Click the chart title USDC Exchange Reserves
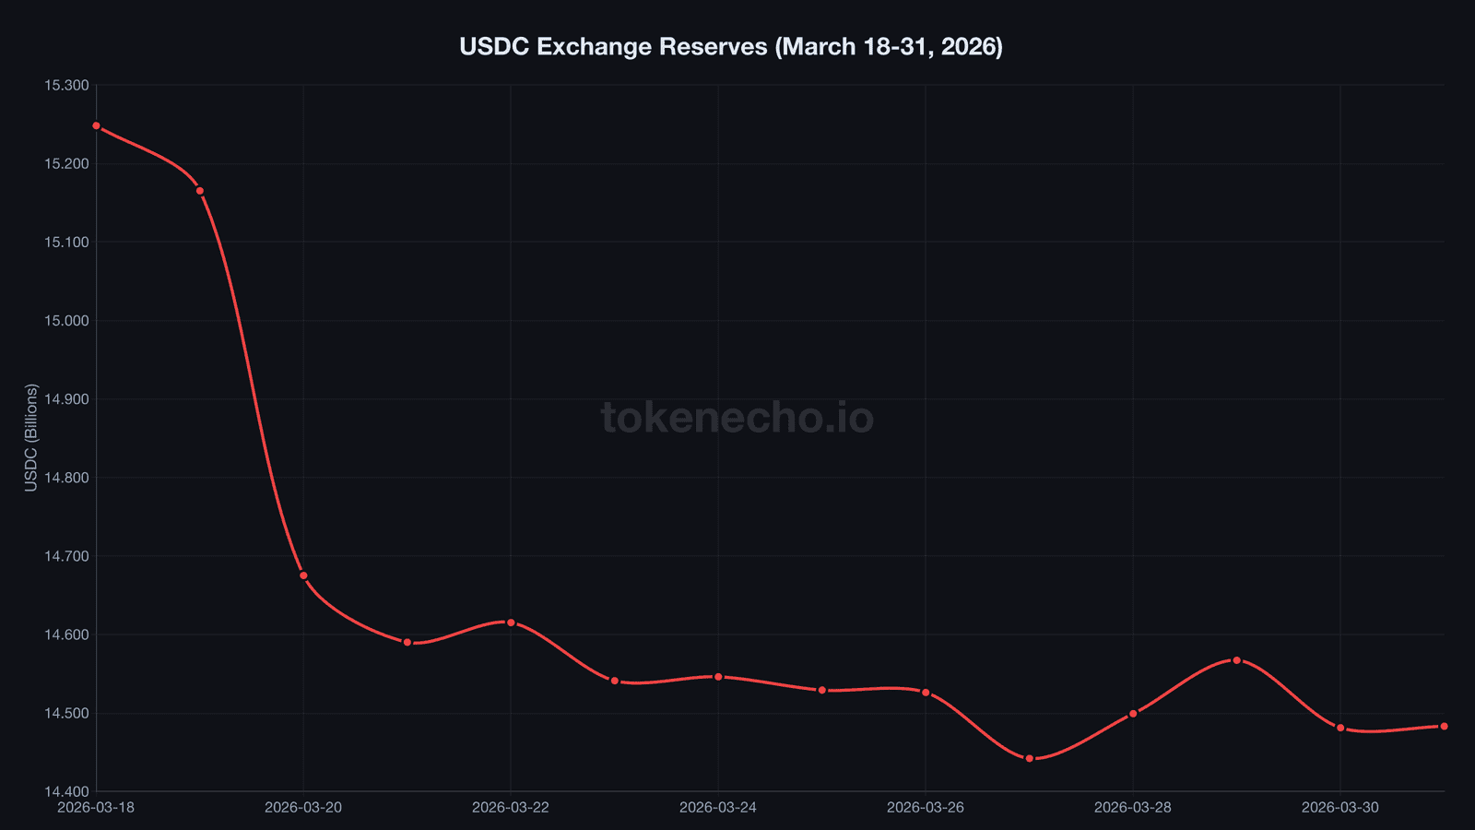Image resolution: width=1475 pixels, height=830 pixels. (730, 46)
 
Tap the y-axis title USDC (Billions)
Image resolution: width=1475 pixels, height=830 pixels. (31, 437)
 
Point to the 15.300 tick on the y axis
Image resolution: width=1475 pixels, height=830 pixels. (66, 86)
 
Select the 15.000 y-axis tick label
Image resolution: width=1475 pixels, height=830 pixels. (66, 321)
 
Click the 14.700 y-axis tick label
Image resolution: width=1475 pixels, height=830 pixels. (66, 556)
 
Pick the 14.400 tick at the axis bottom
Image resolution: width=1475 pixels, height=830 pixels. (66, 791)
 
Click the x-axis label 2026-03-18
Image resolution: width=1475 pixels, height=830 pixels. (96, 808)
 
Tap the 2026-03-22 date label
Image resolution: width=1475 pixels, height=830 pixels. (511, 808)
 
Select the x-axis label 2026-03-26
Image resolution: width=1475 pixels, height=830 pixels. (926, 808)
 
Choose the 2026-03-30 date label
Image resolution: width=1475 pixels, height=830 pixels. (1340, 808)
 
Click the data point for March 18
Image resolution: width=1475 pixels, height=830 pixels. (97, 125)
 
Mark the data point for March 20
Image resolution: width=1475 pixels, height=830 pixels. (303, 575)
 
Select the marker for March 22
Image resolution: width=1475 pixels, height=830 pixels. (511, 622)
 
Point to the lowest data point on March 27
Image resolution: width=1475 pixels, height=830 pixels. (1030, 758)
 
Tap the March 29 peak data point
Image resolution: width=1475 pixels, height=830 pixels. (1237, 660)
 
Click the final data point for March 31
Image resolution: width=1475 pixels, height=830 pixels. (1444, 727)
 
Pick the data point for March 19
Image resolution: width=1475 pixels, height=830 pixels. (200, 191)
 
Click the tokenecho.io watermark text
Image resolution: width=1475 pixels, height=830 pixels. (737, 418)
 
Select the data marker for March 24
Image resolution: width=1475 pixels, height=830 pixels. (718, 677)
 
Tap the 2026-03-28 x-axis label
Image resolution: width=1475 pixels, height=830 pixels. (1133, 808)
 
